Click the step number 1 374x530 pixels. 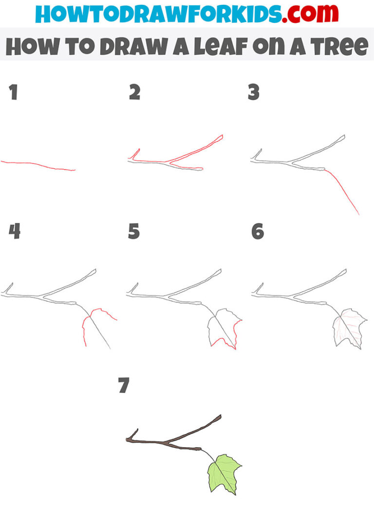point(13,93)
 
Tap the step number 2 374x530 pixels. point(134,93)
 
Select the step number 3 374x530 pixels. point(253,93)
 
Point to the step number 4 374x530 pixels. point(14,232)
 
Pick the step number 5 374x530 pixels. point(134,232)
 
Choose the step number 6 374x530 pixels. point(257,232)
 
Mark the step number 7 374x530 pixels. point(124,386)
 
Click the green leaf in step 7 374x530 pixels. point(223,473)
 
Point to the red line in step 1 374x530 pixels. point(39,165)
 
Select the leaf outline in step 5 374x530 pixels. point(223,329)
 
